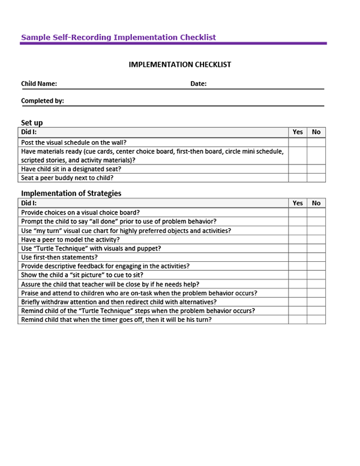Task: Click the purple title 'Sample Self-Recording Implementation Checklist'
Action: click(118, 37)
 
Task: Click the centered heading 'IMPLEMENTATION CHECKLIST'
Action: click(179, 65)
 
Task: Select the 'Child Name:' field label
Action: click(39, 84)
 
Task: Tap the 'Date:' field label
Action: click(199, 84)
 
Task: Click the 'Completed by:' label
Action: click(43, 101)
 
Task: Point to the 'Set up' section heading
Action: click(32, 123)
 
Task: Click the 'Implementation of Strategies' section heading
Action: click(71, 193)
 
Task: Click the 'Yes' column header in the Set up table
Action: click(298, 132)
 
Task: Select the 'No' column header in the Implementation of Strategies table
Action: click(316, 203)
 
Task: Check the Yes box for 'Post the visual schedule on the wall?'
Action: click(298, 142)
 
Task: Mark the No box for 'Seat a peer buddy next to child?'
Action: click(316, 178)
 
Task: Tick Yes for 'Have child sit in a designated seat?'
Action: click(298, 169)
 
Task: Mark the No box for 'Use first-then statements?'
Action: click(316, 257)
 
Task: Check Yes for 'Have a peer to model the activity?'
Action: click(298, 240)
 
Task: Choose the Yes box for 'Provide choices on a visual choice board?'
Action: click(298, 213)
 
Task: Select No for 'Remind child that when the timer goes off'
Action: click(316, 319)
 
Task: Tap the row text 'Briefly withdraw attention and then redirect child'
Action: click(118, 301)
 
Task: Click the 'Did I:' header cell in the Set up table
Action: click(29, 132)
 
